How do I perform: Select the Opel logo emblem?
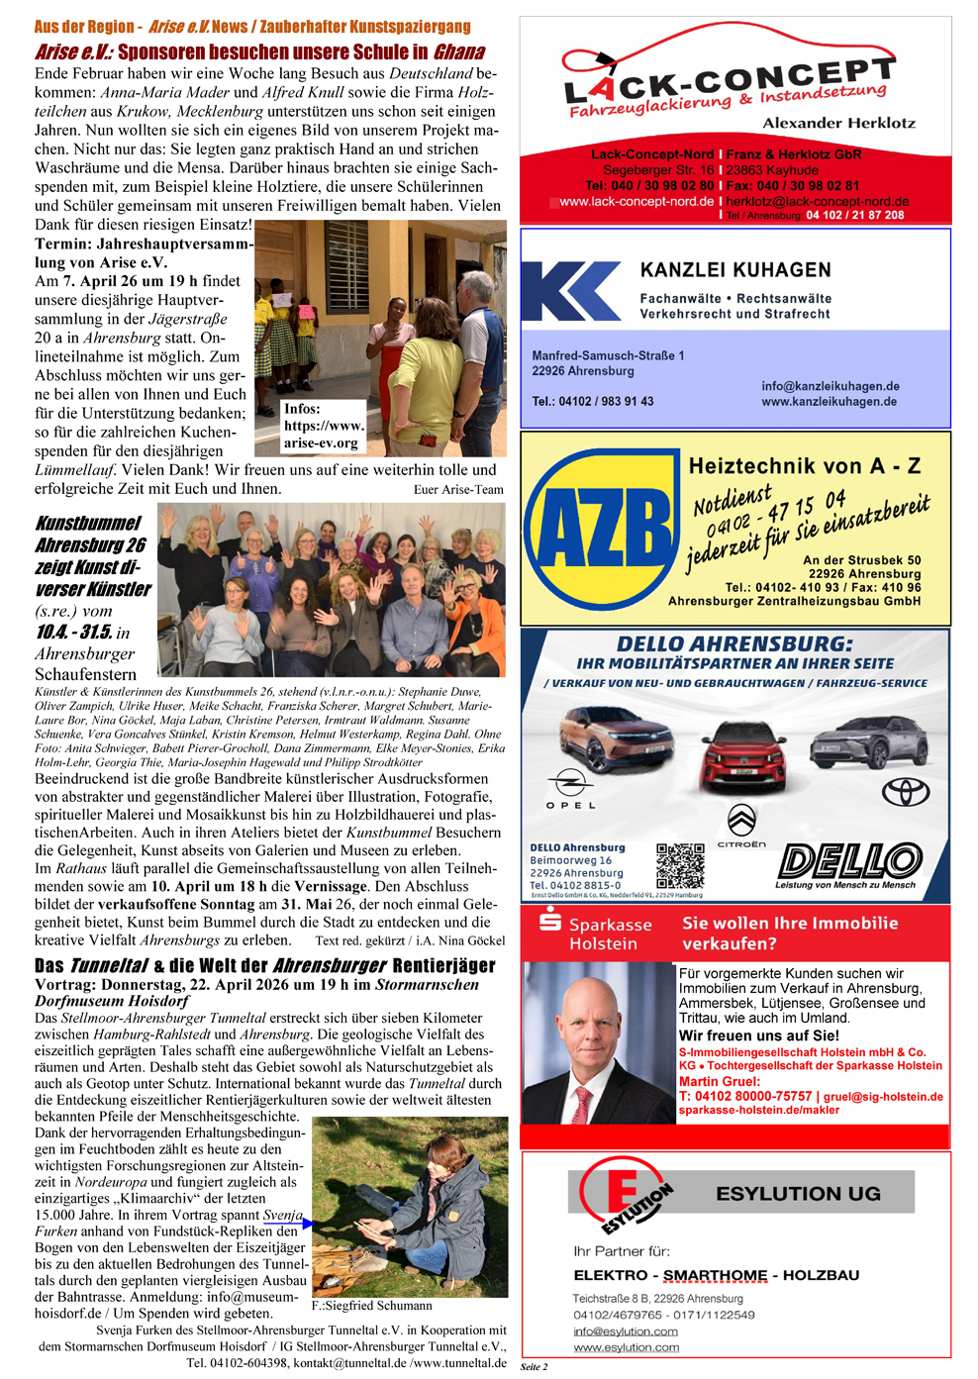point(571,784)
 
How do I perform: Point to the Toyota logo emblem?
point(907,792)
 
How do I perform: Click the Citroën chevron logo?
point(741,821)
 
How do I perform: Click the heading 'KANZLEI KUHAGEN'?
point(735,270)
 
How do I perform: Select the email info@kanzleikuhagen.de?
point(830,386)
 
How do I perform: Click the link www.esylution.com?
point(626,1347)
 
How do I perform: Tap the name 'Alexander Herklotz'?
point(838,123)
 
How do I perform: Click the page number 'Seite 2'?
point(534,1366)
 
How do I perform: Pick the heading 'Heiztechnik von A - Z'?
point(804,465)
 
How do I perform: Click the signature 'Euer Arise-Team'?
point(458,489)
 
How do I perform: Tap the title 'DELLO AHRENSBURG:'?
point(734,643)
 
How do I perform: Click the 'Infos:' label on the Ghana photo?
point(302,409)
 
